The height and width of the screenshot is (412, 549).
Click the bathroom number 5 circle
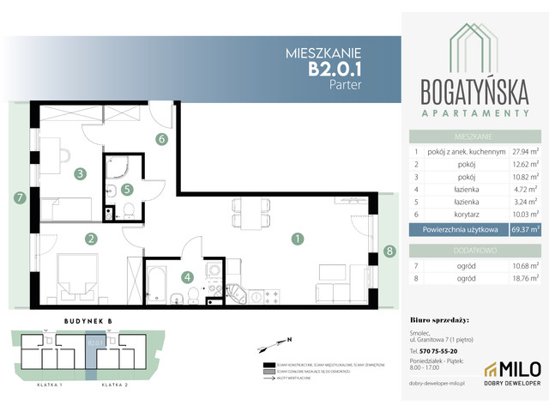pyautogui.click(x=126, y=190)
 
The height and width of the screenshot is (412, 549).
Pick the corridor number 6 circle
pyautogui.click(x=160, y=138)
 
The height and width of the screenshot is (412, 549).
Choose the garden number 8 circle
pyautogui.click(x=389, y=251)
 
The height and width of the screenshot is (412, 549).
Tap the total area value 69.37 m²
pyautogui.click(x=522, y=229)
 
